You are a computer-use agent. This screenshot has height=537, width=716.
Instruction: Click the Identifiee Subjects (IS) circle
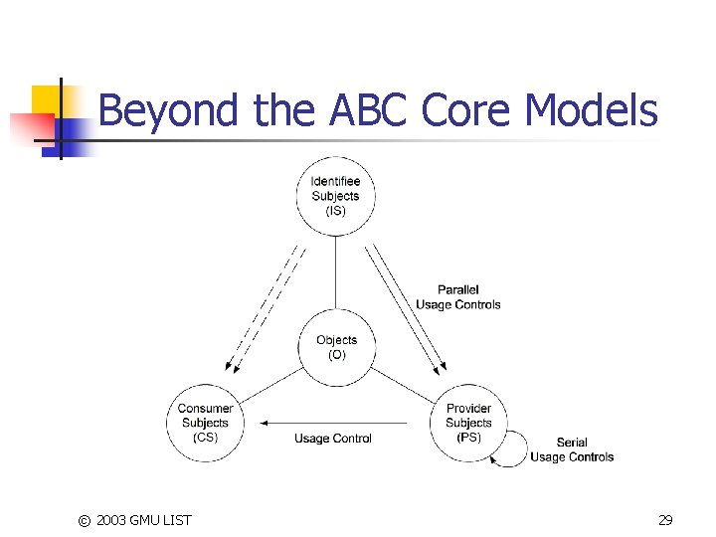pos(335,196)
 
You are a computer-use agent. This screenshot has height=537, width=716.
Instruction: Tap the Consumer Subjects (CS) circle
pos(205,423)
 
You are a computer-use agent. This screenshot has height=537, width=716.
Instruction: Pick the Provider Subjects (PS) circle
pos(468,423)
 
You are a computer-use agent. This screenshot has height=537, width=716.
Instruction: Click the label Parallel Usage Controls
pos(457,297)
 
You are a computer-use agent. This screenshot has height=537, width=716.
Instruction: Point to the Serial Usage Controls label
pos(572,449)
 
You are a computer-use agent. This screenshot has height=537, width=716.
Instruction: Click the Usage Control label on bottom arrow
pos(333,439)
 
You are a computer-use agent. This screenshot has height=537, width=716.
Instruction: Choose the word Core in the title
pos(469,110)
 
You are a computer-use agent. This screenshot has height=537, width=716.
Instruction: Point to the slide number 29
pos(665,520)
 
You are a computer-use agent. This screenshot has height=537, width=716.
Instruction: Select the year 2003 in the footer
pos(112,520)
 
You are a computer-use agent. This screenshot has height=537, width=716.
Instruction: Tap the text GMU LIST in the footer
pos(161,520)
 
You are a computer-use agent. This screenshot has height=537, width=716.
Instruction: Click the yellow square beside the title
pos(46,100)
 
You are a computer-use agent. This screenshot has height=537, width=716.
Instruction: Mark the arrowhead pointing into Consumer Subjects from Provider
pos(266,423)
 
